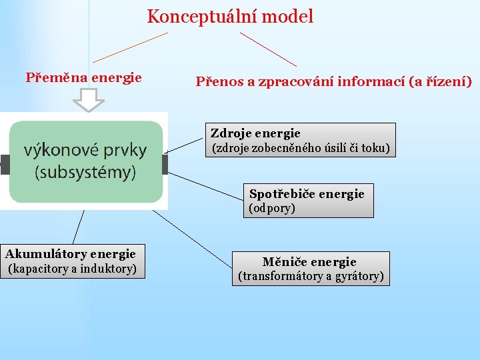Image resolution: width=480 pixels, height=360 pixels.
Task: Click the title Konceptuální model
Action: click(230, 17)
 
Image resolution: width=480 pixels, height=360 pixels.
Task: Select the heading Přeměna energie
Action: click(83, 77)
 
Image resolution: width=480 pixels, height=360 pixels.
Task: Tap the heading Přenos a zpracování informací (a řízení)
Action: click(333, 82)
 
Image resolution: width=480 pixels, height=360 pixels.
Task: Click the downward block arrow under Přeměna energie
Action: click(89, 99)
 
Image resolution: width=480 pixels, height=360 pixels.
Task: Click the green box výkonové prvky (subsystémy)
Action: click(85, 161)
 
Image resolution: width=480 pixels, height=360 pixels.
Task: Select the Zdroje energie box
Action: click(301, 140)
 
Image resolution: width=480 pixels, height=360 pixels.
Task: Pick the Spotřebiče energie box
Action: click(307, 200)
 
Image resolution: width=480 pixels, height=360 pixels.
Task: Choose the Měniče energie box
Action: click(310, 268)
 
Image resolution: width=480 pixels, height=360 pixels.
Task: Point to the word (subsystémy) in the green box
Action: click(85, 172)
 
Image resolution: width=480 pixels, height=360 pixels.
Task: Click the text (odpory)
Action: click(272, 208)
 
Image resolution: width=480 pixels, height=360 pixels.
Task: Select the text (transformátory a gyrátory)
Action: click(311, 276)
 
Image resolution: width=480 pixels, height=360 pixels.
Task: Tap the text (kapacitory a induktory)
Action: click(72, 269)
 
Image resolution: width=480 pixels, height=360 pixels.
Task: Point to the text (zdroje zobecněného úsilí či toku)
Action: click(301, 148)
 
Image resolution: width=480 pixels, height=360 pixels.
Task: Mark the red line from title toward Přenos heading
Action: click(268, 49)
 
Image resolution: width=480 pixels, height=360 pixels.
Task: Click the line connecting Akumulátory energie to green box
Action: click(79, 227)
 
